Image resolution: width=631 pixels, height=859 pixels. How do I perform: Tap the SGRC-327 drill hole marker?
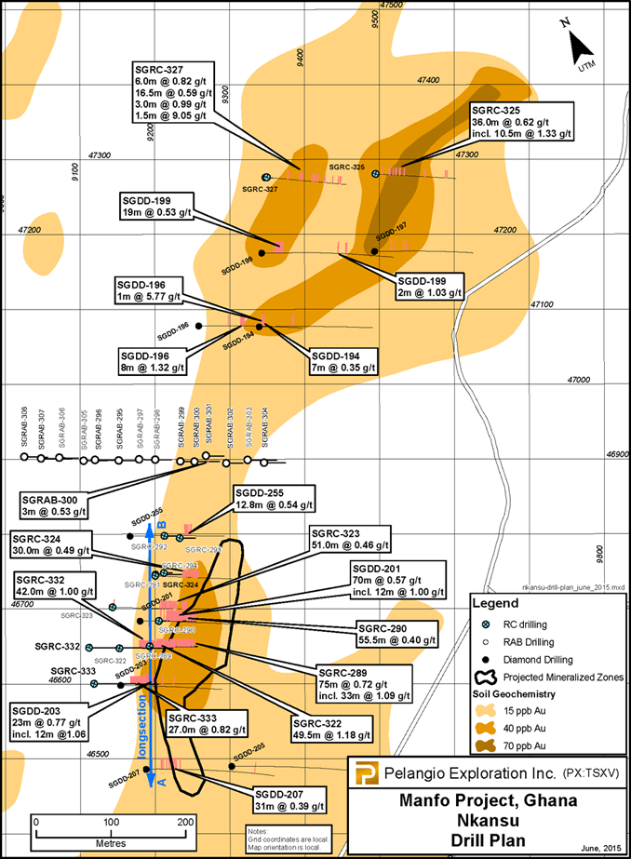266,177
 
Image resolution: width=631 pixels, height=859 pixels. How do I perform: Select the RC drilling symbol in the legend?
484,623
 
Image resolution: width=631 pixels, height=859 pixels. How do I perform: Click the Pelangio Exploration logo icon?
368,773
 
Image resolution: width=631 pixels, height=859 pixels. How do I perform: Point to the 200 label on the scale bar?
184,822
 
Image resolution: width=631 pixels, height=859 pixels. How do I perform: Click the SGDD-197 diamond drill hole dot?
374,251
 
